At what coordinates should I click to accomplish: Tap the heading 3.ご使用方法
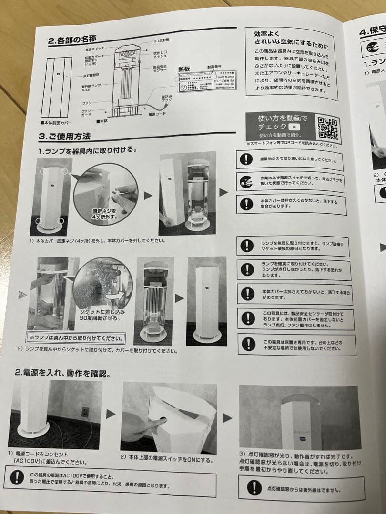click(65, 137)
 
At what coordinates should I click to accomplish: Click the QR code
click(327, 128)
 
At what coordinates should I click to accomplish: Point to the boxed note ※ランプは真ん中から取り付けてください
click(76, 339)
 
